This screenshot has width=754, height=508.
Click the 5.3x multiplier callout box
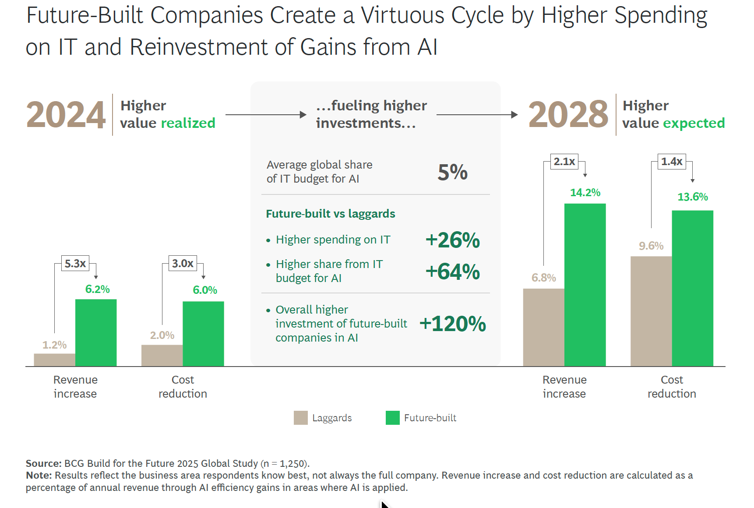point(75,263)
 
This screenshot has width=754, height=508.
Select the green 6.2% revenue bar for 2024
point(96,332)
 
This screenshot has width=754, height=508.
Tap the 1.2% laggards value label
point(54,345)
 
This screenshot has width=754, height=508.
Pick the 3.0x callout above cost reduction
point(183,263)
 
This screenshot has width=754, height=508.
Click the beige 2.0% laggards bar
point(162,355)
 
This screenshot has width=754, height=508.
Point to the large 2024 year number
point(66,115)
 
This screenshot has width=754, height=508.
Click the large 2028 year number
point(568,115)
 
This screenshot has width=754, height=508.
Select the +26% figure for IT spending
point(453,240)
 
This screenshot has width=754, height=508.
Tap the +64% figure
point(453,272)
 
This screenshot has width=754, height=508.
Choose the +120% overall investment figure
point(453,324)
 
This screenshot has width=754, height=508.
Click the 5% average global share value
point(453,172)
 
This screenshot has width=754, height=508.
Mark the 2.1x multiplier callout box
point(564,162)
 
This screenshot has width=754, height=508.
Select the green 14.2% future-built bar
point(585,285)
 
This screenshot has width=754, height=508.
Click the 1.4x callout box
point(672,162)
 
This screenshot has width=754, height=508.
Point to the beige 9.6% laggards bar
point(651,311)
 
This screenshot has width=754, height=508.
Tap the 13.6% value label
point(693,197)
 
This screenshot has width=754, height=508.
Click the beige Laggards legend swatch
point(301,418)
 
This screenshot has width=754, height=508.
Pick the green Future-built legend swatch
point(393,418)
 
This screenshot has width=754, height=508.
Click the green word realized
point(188,123)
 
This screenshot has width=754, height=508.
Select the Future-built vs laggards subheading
point(331,214)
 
